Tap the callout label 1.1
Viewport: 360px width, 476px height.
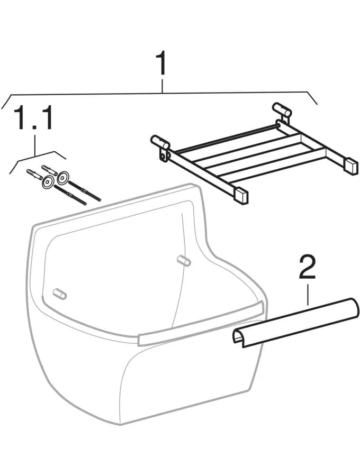pos(34,118)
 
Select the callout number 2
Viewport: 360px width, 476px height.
pos(307,267)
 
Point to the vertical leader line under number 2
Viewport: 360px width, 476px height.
pos(308,295)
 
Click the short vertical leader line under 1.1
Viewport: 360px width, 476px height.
pos(35,145)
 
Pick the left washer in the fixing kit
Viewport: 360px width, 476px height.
pos(48,182)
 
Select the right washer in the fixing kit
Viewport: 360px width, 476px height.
pos(64,177)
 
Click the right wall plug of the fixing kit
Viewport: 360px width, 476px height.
pos(49,170)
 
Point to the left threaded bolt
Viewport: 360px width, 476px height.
pos(70,195)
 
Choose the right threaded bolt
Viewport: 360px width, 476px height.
pos(85,190)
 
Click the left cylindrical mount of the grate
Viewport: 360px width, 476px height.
pos(160,141)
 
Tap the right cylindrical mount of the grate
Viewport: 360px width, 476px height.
pos(282,109)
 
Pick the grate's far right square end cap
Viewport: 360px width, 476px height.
pos(350,165)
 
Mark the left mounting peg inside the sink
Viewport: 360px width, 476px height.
pos(59,294)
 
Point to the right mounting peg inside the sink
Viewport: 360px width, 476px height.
pos(184,260)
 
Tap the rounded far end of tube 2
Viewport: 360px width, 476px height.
pos(354,307)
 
